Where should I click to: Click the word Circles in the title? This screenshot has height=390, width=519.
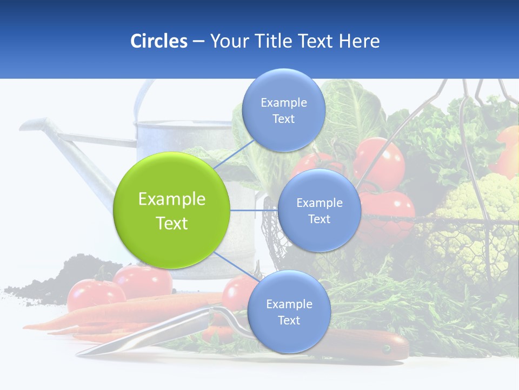click(x=159, y=41)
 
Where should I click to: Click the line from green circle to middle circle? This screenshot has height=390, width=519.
click(x=254, y=210)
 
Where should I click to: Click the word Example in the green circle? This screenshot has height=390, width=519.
click(x=171, y=199)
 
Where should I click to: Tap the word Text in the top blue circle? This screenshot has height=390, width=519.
click(x=283, y=119)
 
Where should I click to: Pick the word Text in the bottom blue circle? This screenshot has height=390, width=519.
click(x=289, y=321)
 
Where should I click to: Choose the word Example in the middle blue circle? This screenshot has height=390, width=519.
click(x=319, y=203)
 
